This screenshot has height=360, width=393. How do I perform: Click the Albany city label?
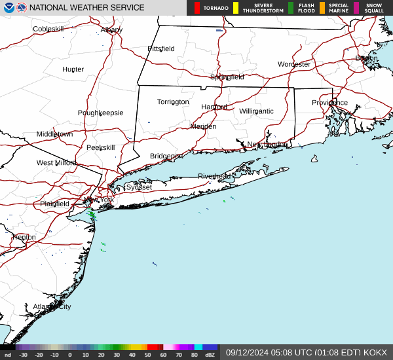111,30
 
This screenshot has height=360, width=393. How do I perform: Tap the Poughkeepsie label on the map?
100,113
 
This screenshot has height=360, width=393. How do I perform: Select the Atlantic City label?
52,306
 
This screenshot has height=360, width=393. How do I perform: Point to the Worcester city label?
293,64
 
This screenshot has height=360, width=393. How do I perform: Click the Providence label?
329,103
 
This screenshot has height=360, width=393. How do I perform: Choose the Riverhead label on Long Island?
214,177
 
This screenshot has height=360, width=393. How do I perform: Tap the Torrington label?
173,102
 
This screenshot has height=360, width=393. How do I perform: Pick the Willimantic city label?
256,111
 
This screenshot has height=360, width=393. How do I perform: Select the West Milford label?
56,163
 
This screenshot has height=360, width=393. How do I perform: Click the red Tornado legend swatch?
197,8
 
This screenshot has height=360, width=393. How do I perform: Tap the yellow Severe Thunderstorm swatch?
236,8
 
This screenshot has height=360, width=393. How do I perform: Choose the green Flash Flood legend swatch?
291,8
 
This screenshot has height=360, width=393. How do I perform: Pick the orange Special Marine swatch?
322,8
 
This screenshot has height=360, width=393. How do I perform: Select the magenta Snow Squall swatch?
356,8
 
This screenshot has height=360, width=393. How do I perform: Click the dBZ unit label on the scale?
210,355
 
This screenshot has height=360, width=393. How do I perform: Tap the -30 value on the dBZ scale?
23,355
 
